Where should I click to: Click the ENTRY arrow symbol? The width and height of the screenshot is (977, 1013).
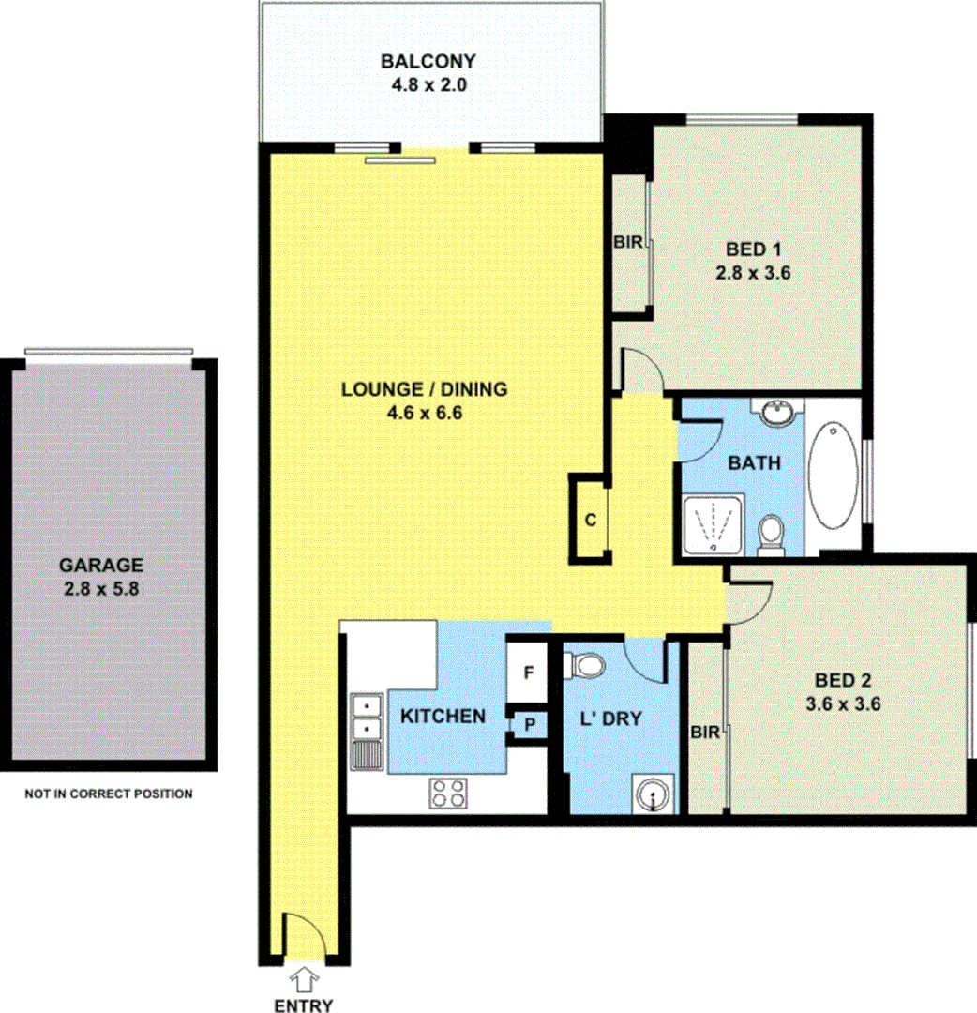[x=305, y=981]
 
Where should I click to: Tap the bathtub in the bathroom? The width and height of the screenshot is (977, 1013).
[x=833, y=476]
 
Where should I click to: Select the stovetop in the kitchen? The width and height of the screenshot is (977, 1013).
[x=448, y=794]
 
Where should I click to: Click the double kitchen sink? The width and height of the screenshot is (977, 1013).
[x=364, y=717]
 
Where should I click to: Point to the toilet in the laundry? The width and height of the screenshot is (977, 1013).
[x=588, y=665]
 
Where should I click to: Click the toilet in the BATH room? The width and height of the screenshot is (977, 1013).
[x=772, y=532]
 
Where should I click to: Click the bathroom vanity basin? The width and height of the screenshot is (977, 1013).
[x=777, y=413]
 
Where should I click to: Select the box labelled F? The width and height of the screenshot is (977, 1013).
[x=528, y=673]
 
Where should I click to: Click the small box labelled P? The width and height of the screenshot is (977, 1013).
[x=528, y=726]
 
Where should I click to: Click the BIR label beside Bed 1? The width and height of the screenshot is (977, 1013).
[x=628, y=243]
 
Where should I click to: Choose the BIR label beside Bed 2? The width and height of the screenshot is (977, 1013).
[x=706, y=733]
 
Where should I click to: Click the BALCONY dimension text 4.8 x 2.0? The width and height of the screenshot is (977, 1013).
[x=428, y=84]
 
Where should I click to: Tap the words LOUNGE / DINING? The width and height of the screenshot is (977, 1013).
[x=424, y=388]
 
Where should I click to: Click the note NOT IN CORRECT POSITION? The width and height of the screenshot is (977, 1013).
[x=109, y=794]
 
